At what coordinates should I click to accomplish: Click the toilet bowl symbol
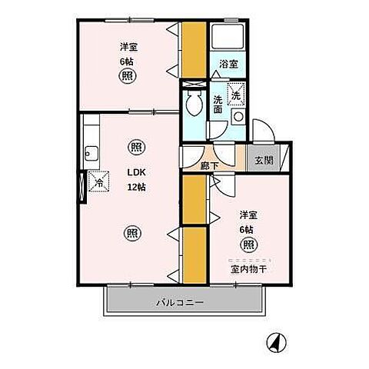(194, 103)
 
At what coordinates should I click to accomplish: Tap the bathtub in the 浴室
(228, 37)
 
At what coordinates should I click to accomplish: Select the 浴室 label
(229, 64)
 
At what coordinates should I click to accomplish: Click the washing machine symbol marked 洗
(236, 94)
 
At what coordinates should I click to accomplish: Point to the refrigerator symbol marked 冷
(98, 181)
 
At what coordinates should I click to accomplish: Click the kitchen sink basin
(91, 154)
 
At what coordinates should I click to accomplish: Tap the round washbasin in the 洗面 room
(238, 117)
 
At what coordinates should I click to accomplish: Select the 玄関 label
(264, 160)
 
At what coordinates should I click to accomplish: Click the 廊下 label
(209, 166)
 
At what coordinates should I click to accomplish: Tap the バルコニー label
(181, 303)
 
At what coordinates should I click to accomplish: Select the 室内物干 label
(248, 269)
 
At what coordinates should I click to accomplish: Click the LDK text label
(137, 172)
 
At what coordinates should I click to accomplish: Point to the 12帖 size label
(137, 188)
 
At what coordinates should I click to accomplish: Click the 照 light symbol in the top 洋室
(128, 76)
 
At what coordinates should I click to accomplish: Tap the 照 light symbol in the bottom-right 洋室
(248, 244)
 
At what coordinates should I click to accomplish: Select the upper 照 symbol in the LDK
(137, 147)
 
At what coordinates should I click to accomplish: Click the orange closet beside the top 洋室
(194, 50)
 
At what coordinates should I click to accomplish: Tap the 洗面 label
(218, 105)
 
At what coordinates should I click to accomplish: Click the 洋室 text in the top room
(129, 47)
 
